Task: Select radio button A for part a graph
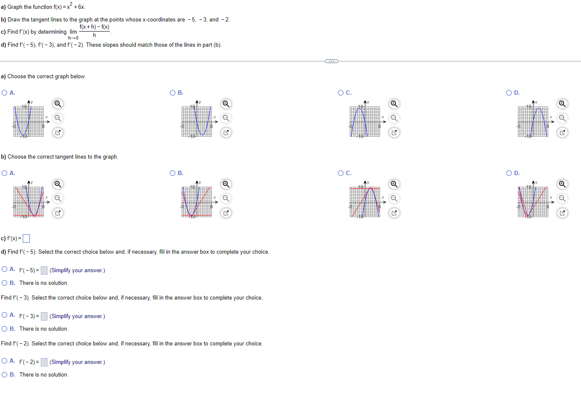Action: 5,93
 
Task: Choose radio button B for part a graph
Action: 173,93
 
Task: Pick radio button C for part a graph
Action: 341,93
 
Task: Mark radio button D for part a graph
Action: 509,93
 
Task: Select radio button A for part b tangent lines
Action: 5,173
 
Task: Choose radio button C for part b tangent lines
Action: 341,173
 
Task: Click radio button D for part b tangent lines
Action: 509,173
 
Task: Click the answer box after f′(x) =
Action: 26,239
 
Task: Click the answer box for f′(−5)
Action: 44,271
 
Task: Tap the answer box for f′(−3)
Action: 44,316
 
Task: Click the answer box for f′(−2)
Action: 44,362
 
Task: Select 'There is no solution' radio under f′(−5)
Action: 5,283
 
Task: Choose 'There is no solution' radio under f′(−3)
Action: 5,329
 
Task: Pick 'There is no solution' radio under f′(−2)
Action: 5,375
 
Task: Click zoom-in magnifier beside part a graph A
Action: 58,104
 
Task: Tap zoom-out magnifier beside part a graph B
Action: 226,118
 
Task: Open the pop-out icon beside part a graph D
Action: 563,133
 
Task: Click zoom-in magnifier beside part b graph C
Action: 394,184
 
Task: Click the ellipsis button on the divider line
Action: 332,61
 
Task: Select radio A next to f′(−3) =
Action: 5,315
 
